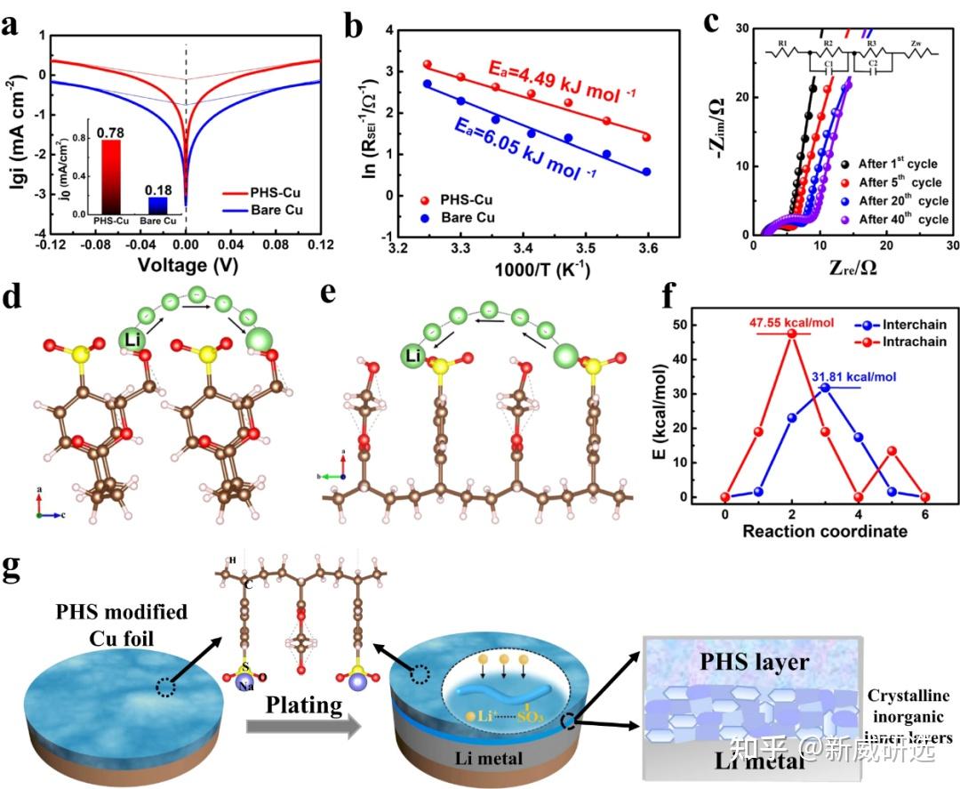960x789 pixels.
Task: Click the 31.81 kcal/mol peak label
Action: point(852,377)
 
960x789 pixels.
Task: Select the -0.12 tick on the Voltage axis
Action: point(52,245)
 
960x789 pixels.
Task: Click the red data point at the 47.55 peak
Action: point(789,334)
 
